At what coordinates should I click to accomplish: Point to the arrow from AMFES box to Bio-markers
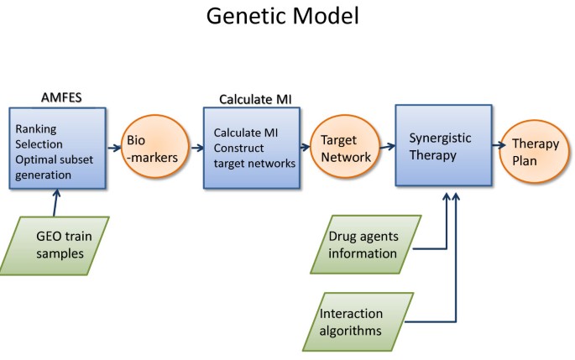pyautogui.click(x=111, y=146)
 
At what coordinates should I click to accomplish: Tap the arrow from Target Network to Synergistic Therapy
pyautogui.click(x=384, y=146)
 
